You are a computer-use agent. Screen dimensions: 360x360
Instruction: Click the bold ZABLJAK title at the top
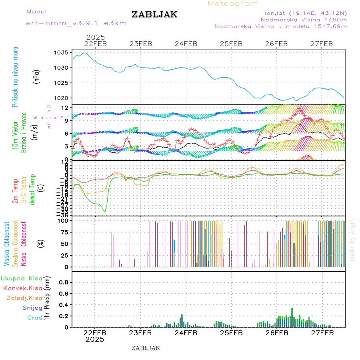(154, 14)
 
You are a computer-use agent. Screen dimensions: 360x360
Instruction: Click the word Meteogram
(233, 4)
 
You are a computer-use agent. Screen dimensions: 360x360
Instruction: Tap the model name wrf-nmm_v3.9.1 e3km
(76, 23)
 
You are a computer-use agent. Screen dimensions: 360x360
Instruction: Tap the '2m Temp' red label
(15, 191)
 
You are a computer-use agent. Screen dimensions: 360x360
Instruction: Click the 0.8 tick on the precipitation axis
(64, 282)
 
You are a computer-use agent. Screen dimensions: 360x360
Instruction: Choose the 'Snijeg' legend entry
(32, 308)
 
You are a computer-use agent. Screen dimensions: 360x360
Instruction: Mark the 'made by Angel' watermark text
(352, 240)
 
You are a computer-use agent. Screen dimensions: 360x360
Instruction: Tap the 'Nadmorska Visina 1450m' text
(304, 19)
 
